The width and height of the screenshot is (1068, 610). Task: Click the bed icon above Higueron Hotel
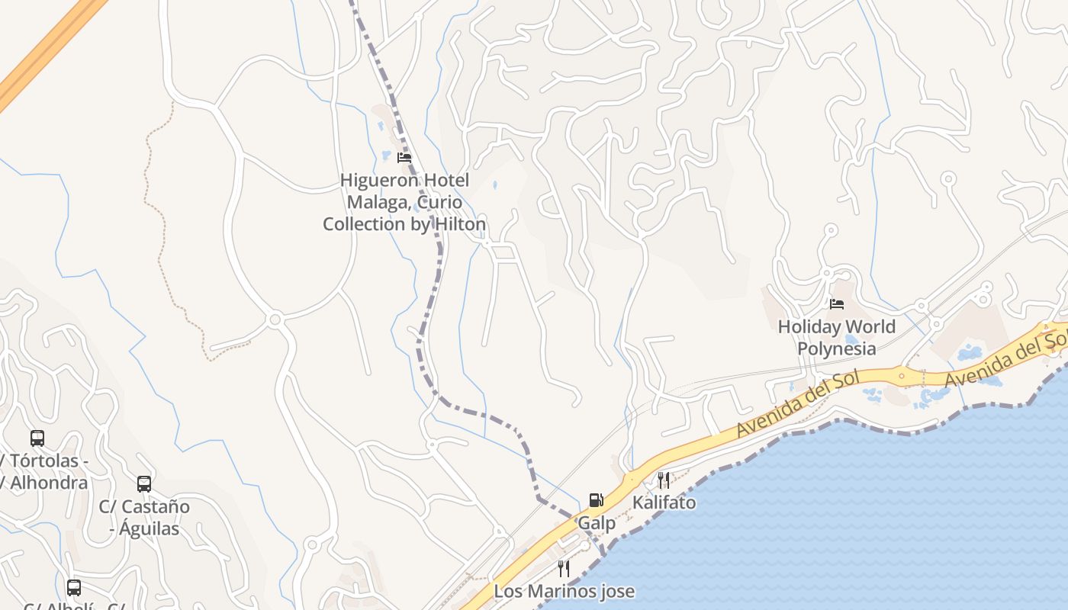pyautogui.click(x=404, y=158)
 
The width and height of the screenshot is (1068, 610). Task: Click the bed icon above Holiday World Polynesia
pyautogui.click(x=837, y=304)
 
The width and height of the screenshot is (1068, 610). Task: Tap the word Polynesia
pyautogui.click(x=837, y=349)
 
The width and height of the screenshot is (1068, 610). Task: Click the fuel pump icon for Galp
pyautogui.click(x=597, y=500)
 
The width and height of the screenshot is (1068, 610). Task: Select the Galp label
pyautogui.click(x=597, y=523)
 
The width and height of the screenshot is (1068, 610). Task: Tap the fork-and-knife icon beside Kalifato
pyautogui.click(x=663, y=480)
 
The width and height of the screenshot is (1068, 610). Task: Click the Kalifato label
pyautogui.click(x=664, y=502)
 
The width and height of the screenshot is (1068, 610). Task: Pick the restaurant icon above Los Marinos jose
pyautogui.click(x=563, y=568)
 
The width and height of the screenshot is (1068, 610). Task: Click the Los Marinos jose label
pyautogui.click(x=564, y=591)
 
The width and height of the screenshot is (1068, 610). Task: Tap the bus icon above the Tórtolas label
pyautogui.click(x=37, y=438)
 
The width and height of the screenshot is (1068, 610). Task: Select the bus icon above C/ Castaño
pyautogui.click(x=144, y=483)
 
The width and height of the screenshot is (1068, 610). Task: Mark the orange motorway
pyautogui.click(x=46, y=50)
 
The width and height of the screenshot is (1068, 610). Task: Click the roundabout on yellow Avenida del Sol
pyautogui.click(x=901, y=375)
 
